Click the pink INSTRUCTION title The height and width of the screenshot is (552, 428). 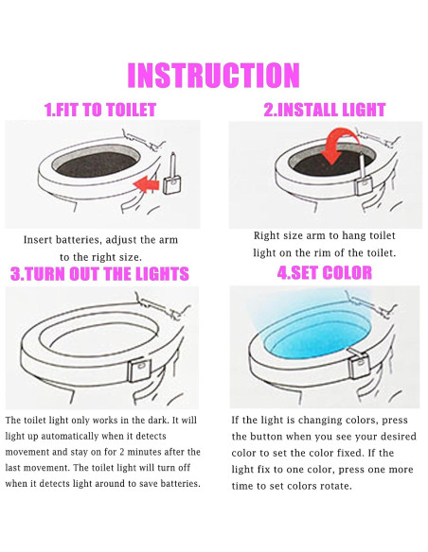(213, 75)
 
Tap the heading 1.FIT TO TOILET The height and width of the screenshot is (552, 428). (99, 110)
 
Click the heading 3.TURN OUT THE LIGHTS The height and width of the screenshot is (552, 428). (99, 274)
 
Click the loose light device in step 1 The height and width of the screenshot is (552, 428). (171, 180)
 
